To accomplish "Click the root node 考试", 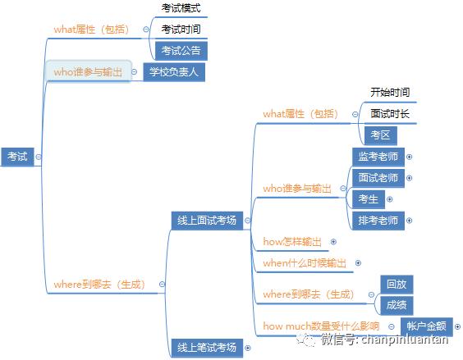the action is (x=17, y=157).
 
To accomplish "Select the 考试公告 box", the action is (x=181, y=51).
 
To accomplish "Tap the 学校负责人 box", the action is (x=174, y=72).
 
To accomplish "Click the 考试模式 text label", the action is (x=181, y=8).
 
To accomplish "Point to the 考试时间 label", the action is (x=181, y=30).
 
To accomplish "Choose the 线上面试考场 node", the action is (x=207, y=221).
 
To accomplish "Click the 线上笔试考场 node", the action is (x=207, y=348).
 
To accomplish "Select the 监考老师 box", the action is (x=378, y=157).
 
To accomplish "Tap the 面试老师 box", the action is (x=378, y=178).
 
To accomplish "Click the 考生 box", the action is (x=369, y=199).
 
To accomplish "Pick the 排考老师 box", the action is (x=378, y=221).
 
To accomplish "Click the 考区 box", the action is (x=381, y=135).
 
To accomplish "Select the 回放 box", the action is (x=397, y=285).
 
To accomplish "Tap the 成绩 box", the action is (x=397, y=305).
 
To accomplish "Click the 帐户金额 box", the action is (x=427, y=326).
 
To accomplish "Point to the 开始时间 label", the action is (x=390, y=93).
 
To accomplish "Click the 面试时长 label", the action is (x=390, y=114).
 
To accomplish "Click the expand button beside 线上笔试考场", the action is (x=248, y=349).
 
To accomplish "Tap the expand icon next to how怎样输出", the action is (x=333, y=242).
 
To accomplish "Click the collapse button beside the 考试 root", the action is (x=39, y=157).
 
